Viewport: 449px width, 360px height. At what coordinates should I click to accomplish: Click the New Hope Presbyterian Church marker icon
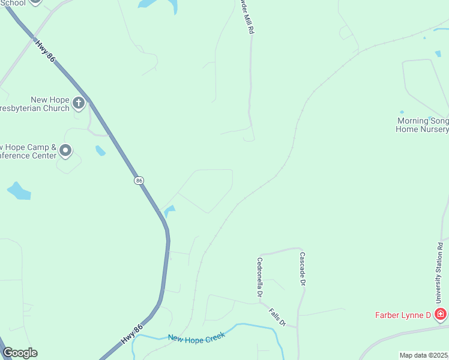pyautogui.click(x=79, y=103)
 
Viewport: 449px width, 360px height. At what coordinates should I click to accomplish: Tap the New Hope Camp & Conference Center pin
pyautogui.click(x=65, y=150)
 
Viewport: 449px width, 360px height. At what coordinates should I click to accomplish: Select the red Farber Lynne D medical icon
pyautogui.click(x=441, y=314)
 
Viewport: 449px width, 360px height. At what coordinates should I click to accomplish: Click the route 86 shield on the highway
pyautogui.click(x=139, y=180)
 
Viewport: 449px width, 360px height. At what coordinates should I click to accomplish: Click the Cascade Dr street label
pyautogui.click(x=303, y=268)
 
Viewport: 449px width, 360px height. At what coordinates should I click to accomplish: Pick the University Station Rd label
pyautogui.click(x=440, y=274)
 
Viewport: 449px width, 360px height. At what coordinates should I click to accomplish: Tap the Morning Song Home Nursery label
pyautogui.click(x=423, y=125)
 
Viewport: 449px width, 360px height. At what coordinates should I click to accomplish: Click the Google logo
pyautogui.click(x=19, y=353)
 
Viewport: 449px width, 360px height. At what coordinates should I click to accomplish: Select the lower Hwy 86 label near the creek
pyautogui.click(x=131, y=334)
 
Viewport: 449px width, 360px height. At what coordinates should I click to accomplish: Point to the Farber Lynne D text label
pyautogui.click(x=403, y=314)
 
